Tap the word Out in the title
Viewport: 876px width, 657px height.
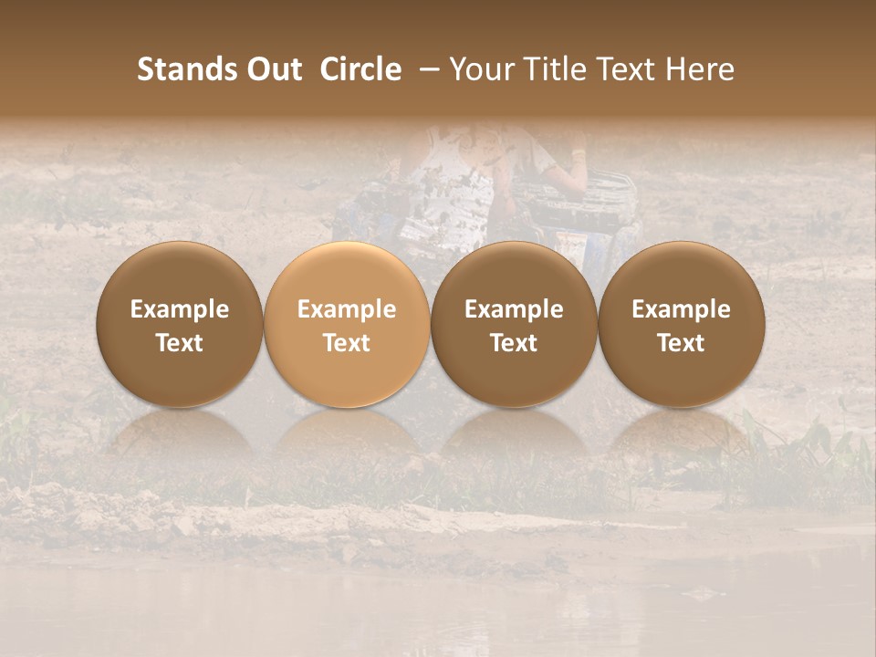pos(273,69)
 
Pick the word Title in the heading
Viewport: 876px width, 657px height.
pos(551,69)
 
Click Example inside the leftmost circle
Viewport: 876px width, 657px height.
pos(180,309)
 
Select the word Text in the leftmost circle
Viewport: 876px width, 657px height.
pos(180,343)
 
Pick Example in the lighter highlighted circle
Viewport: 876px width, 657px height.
pos(347,309)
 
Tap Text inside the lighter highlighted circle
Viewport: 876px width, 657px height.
pos(347,343)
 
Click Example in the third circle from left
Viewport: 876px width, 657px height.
pos(514,309)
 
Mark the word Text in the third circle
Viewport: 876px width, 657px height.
pos(514,343)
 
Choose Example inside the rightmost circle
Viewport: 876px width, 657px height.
pos(681,309)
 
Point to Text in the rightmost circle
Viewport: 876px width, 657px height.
pos(681,343)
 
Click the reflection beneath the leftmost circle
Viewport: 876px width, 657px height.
pos(180,433)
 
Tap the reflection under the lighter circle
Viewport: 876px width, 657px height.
pos(347,433)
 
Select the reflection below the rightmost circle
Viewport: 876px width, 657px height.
pos(681,433)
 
